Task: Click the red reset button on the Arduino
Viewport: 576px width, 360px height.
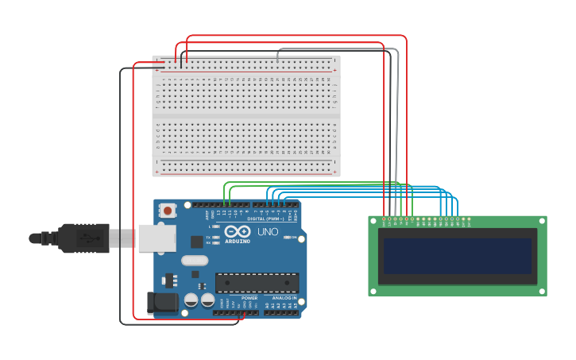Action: [x=168, y=211]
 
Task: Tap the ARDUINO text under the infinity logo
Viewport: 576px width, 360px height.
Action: [x=238, y=241]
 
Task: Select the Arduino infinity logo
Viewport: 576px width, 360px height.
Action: [x=237, y=231]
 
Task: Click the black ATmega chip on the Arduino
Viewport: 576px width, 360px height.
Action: [x=257, y=282]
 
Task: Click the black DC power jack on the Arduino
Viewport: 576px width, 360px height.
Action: [x=161, y=302]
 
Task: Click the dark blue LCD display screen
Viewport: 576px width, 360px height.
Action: [x=457, y=256]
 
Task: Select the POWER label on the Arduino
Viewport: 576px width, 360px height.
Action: [x=238, y=298]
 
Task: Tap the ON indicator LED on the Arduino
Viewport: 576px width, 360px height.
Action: [x=288, y=238]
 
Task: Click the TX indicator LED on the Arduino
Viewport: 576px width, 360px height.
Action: [x=216, y=237]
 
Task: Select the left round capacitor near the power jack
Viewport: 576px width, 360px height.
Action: [x=191, y=300]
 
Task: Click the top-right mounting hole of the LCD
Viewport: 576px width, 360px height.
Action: [x=542, y=221]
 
